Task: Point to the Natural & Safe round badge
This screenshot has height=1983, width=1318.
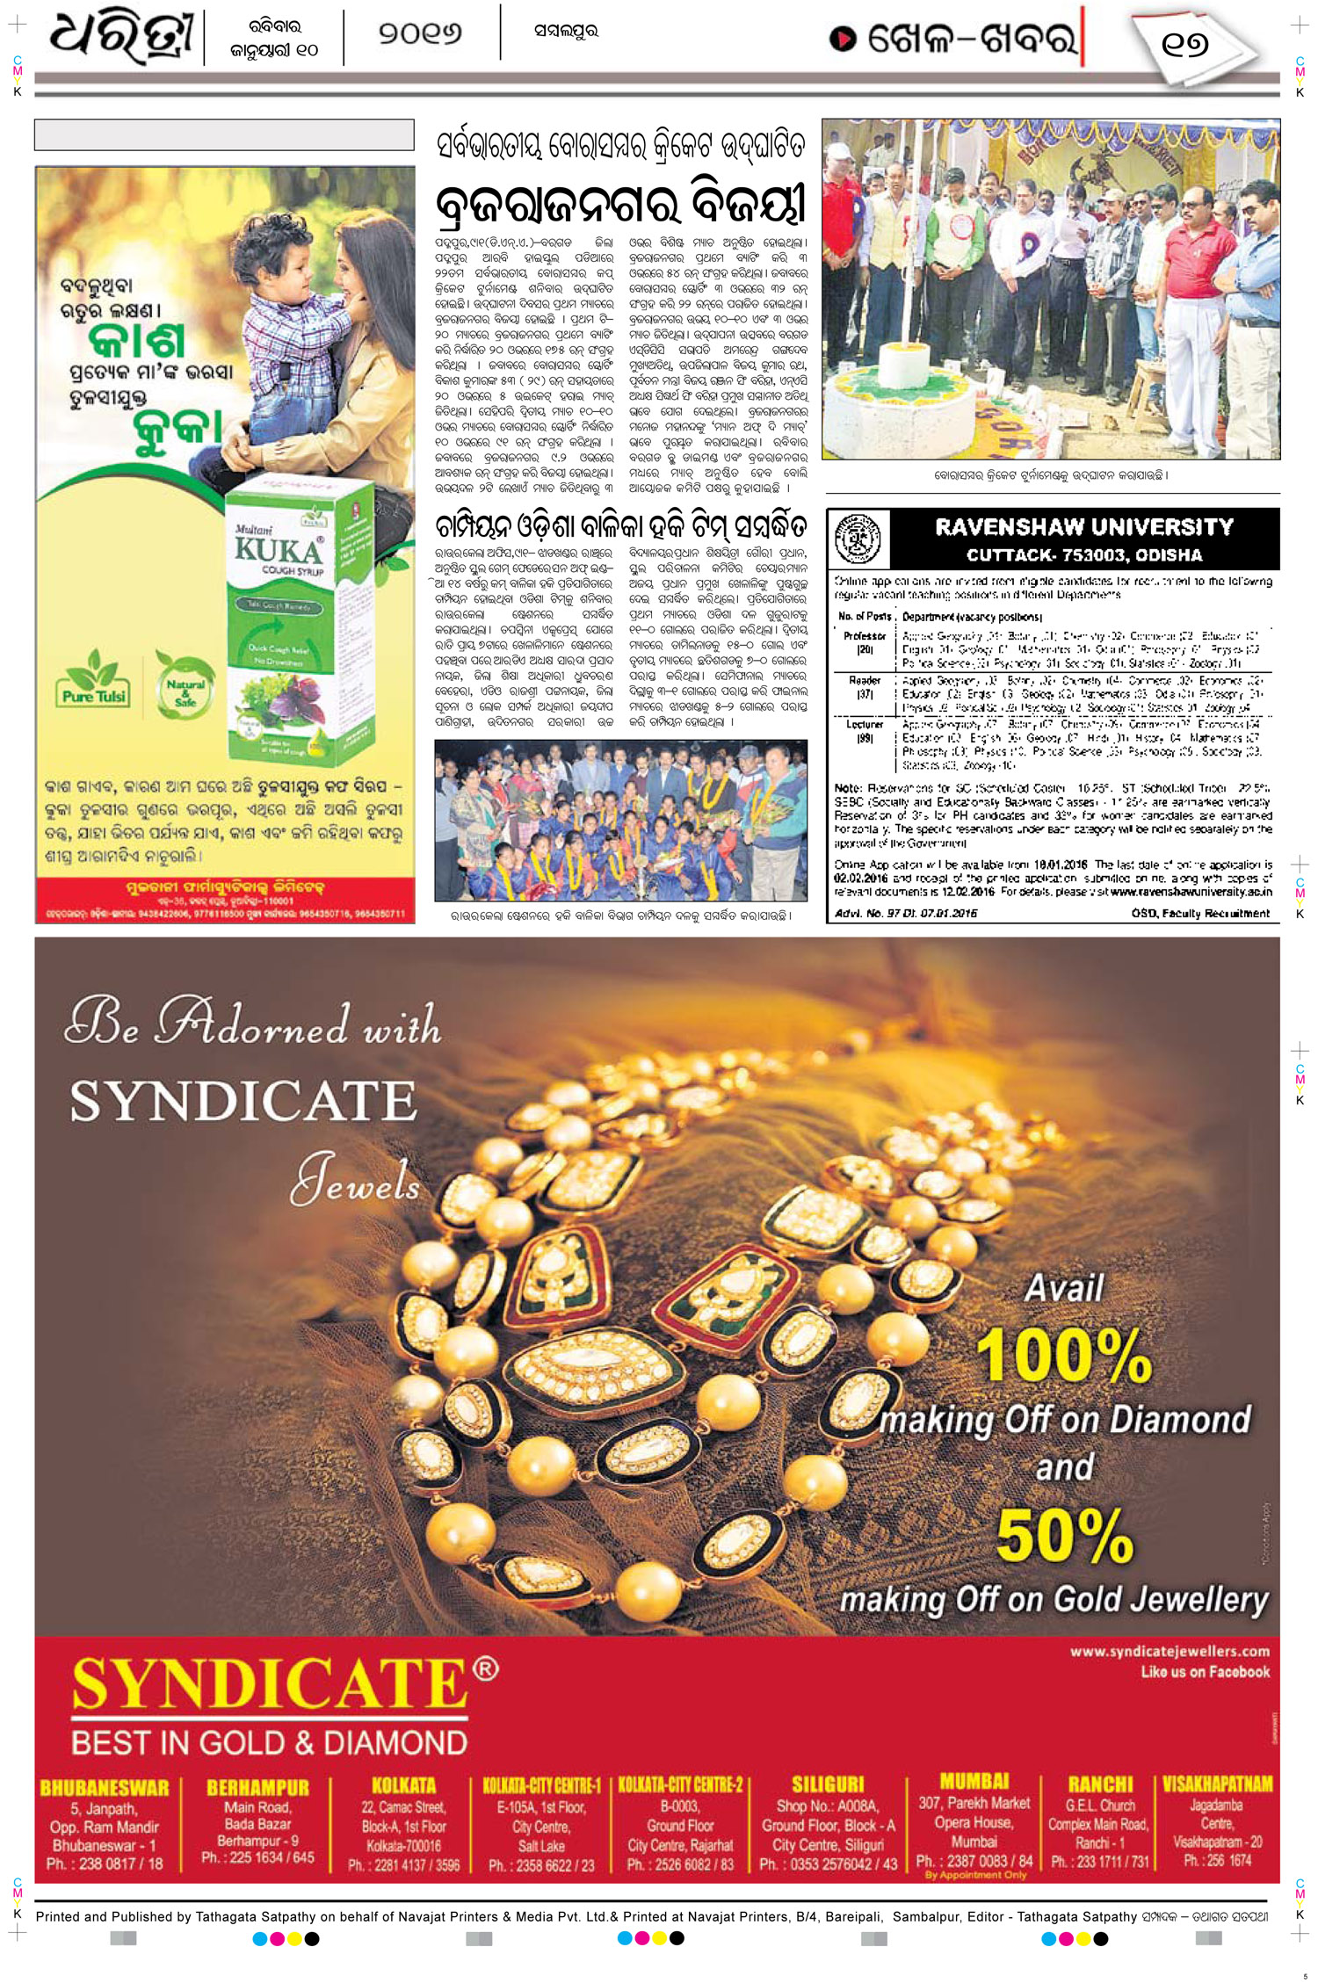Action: (185, 683)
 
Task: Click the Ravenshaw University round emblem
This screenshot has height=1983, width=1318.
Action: (858, 539)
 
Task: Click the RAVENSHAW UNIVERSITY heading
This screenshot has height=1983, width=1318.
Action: (1083, 527)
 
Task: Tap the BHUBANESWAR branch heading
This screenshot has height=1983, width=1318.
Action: (104, 1788)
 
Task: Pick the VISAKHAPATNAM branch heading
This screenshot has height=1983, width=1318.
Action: (1217, 1784)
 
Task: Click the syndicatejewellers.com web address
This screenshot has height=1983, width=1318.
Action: (1169, 1652)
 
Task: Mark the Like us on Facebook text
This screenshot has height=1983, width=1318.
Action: (1205, 1672)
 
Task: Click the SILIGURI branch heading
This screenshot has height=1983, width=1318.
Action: (828, 1784)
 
